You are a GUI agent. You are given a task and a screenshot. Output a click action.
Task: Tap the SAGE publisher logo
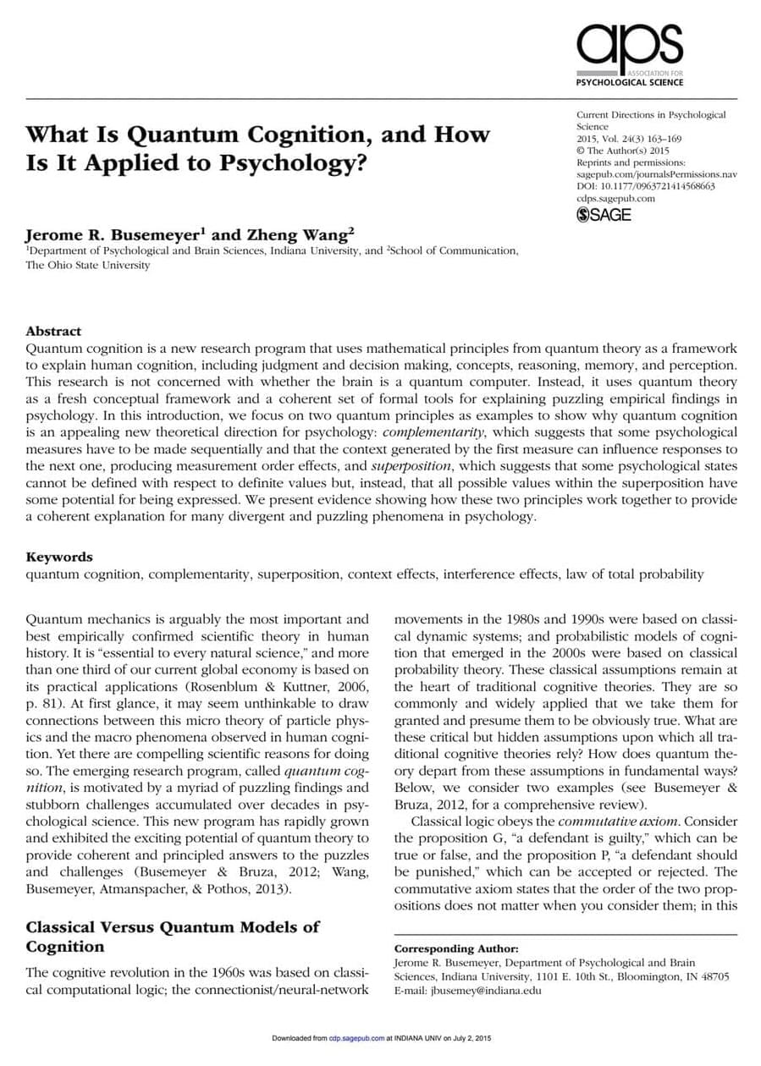coord(604,215)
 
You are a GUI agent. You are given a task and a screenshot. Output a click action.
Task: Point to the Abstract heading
coord(53,331)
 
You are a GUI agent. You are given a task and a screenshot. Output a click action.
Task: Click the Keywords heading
coord(59,557)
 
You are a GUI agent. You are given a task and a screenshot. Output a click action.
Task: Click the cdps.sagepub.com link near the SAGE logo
coord(615,198)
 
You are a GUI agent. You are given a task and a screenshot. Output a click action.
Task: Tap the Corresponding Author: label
coord(456,949)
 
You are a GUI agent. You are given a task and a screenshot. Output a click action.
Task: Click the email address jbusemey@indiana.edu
coord(486,990)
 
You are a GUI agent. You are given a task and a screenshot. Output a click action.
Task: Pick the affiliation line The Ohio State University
coord(88,265)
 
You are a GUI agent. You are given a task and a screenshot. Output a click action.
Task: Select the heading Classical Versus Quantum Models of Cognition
coord(173,936)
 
